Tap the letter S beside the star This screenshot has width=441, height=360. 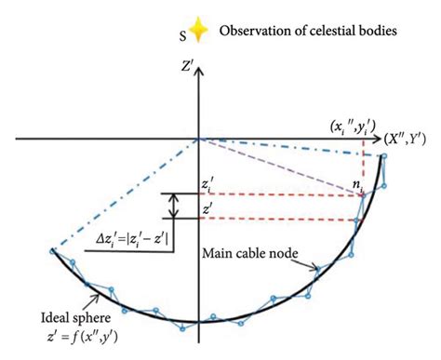pyautogui.click(x=181, y=35)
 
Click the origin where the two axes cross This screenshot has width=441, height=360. pyautogui.click(x=198, y=140)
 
